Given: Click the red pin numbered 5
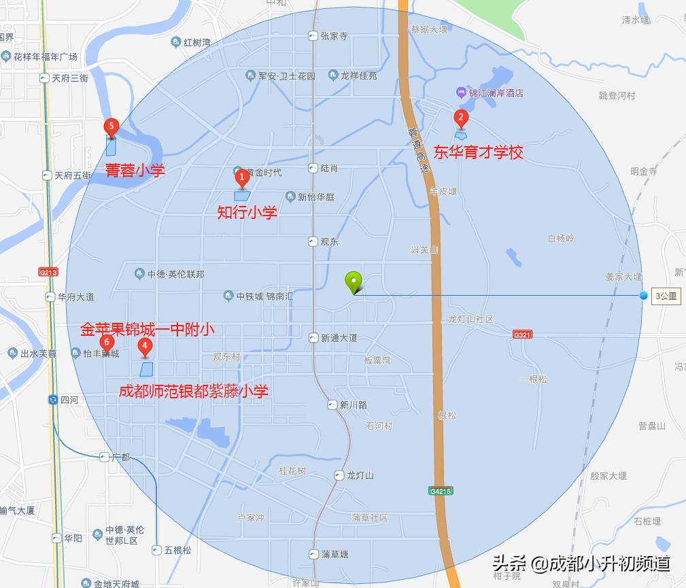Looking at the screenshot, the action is point(111,126).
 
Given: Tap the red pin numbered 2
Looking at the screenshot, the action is point(461,118).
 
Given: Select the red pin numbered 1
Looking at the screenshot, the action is point(241,178).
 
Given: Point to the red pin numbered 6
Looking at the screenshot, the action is point(106,342).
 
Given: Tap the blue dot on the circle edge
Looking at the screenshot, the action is point(643,295).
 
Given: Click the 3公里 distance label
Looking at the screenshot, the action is point(666,296).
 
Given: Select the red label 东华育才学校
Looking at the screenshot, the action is point(479,152).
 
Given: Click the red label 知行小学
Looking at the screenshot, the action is point(247,213).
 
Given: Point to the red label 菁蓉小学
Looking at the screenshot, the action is point(135,170).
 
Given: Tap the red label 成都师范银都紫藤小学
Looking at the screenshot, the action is point(194,391).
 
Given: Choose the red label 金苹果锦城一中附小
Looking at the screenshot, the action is point(148,330).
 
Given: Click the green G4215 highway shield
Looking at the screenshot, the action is point(441,490).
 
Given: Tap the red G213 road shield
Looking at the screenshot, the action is point(49,272).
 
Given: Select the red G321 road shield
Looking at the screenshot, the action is point(522,334).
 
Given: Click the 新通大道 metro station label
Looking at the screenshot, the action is point(339,338).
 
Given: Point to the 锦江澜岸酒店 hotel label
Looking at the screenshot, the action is point(494,92).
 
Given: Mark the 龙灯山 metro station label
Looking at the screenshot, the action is point(360,475).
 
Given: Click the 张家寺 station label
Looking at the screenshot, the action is point(333,37).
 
